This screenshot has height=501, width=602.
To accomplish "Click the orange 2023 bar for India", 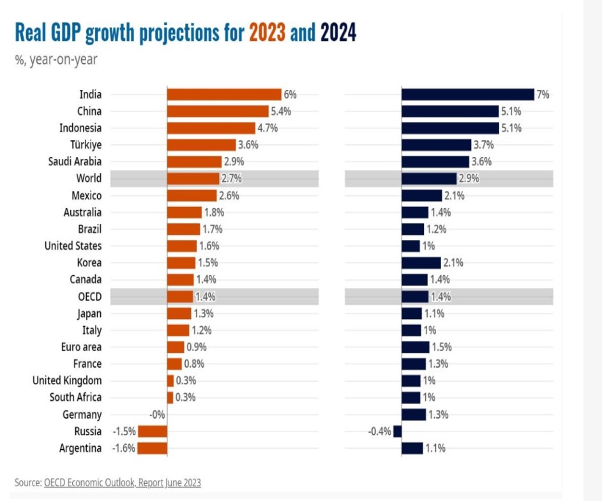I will pos(223,94).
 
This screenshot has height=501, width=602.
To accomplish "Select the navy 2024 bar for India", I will pos(467,94).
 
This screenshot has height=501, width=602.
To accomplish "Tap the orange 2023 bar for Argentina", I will pos(153,448).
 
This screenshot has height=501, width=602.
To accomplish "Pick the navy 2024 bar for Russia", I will pos(398,431).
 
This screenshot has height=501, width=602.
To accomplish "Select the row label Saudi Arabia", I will pos(75,161).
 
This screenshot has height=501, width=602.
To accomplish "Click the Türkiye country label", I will pos(84,145).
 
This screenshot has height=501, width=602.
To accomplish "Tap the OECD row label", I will pos(88,297).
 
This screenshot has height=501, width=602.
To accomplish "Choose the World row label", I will pos(88,179).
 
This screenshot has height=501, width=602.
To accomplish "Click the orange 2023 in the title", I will pos(267,33).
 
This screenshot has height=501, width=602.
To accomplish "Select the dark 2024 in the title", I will pos(338,33).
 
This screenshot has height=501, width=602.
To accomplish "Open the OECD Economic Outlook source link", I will pos(122,482).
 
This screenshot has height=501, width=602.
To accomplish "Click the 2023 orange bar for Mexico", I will pos(192,195).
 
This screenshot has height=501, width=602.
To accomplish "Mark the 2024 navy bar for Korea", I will pos(421,263).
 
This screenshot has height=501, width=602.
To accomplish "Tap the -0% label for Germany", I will pos(157,415).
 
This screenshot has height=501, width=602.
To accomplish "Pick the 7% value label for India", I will pos(543,94).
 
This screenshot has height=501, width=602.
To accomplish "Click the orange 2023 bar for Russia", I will pos(153,431).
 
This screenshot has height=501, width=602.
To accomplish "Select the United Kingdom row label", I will pos(67,381).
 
